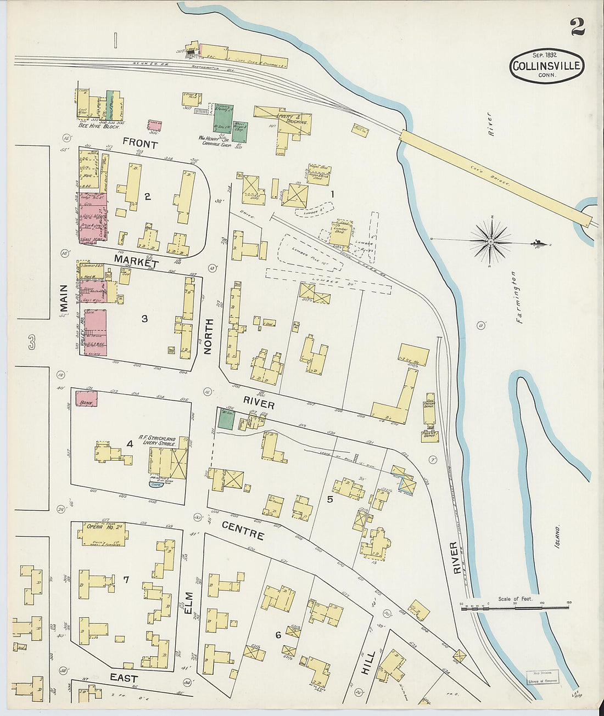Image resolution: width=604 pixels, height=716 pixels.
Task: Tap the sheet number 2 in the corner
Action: [577, 26]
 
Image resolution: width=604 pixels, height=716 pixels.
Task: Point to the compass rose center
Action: [490, 241]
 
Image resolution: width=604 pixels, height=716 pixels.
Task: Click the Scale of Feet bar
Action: [514, 607]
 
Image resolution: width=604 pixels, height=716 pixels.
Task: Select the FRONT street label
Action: [139, 144]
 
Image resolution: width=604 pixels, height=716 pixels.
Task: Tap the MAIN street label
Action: [63, 301]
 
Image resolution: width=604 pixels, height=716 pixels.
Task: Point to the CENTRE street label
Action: [243, 530]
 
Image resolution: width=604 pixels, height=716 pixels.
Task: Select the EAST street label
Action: [124, 678]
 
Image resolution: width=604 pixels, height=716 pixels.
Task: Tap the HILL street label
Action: [368, 663]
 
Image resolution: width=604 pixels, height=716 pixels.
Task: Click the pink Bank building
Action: [86, 398]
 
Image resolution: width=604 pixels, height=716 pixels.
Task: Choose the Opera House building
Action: [104, 534]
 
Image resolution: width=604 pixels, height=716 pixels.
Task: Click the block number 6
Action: [278, 635]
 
